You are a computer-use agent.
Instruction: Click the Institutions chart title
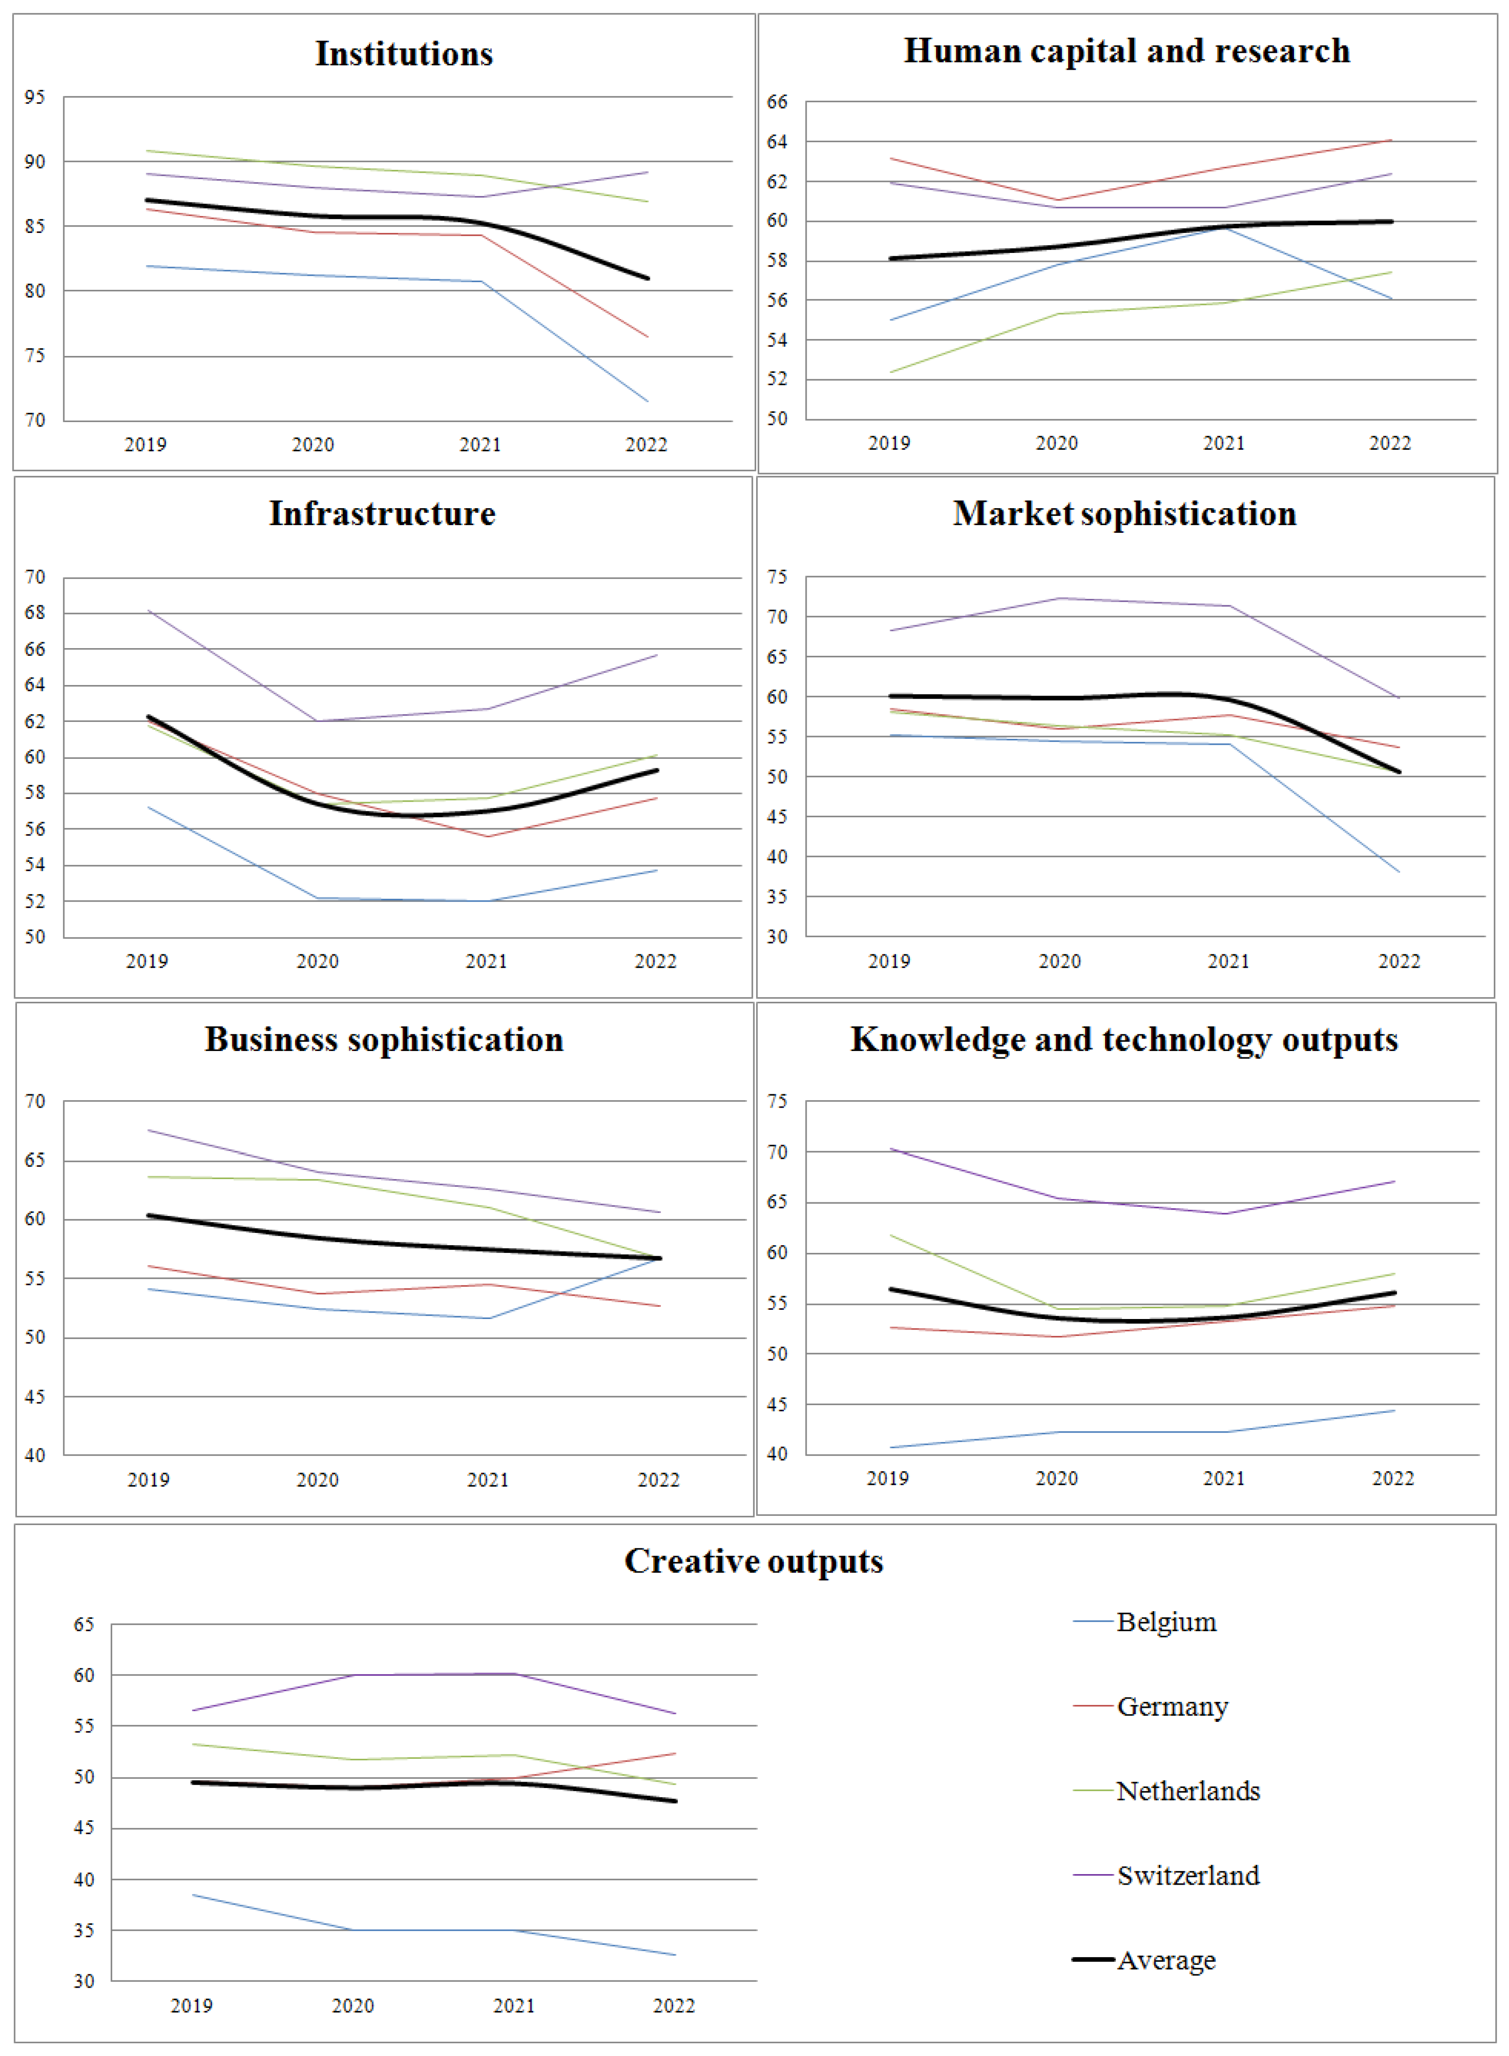(404, 54)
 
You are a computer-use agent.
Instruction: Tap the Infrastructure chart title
(382, 514)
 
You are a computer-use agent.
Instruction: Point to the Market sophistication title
(1125, 514)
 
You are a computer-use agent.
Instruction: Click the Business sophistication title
(384, 1040)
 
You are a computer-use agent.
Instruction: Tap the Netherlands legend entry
(1187, 1791)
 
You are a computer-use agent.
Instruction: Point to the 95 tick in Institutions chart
(35, 97)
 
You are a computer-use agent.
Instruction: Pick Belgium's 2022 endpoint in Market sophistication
(1398, 872)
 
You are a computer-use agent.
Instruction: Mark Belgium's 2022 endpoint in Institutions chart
(648, 401)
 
